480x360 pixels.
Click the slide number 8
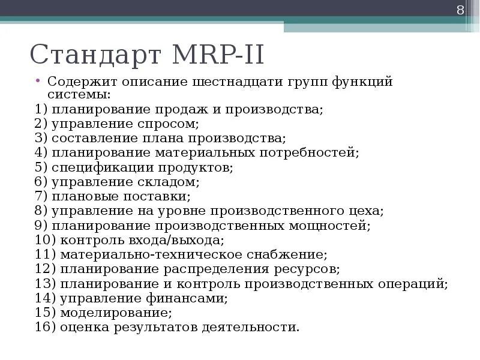(x=461, y=10)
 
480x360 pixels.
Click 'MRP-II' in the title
(x=218, y=55)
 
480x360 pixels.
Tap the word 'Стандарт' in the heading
(x=96, y=55)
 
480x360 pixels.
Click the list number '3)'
(x=41, y=139)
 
